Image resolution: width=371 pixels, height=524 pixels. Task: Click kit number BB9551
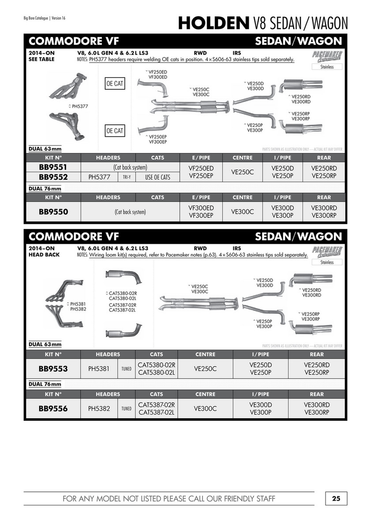tap(53, 167)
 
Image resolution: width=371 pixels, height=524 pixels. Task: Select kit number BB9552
tap(53, 177)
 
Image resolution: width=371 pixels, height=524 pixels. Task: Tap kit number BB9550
tap(53, 212)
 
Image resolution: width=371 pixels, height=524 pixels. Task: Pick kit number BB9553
tap(53, 368)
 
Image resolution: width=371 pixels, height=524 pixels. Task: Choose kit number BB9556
tap(53, 409)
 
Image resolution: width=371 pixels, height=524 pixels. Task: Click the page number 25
tap(336, 499)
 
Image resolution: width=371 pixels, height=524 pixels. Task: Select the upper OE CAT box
tap(115, 83)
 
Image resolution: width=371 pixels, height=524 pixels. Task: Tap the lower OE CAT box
tap(115, 131)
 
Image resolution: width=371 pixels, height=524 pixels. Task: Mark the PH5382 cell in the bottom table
tap(98, 409)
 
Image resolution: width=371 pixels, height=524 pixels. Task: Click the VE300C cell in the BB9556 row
tap(205, 409)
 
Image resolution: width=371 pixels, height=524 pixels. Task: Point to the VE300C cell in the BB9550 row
tap(242, 212)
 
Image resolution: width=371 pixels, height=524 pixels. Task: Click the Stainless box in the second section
tap(327, 262)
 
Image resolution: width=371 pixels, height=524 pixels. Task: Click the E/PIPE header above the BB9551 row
tap(201, 158)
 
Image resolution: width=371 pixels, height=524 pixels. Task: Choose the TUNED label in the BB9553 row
tap(126, 369)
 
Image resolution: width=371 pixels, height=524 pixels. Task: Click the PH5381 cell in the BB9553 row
tap(98, 368)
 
